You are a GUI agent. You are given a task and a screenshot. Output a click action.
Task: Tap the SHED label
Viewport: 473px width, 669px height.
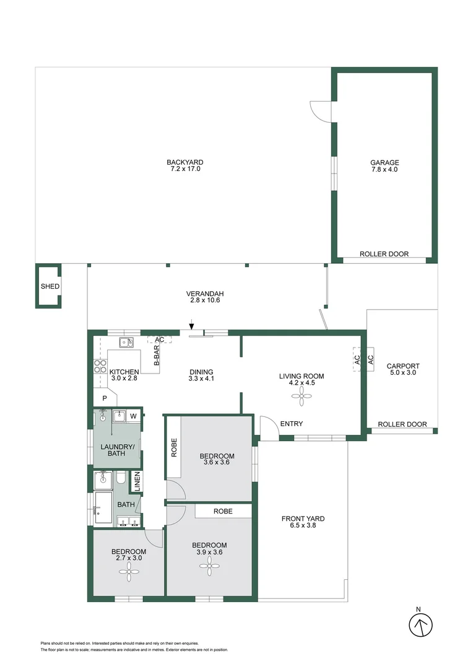50,287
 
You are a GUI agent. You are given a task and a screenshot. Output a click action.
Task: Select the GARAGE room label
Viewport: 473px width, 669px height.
385,162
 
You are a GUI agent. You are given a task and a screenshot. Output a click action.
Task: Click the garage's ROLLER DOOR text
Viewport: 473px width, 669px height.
384,254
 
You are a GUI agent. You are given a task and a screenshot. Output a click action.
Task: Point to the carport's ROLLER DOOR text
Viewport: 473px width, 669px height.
402,424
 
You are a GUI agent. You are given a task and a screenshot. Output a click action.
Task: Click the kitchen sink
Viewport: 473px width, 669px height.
127,341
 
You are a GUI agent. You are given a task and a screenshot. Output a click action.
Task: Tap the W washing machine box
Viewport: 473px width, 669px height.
133,416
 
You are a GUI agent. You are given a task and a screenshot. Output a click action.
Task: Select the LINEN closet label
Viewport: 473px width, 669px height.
137,483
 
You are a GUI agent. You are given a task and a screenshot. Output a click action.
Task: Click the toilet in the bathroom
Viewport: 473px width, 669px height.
122,478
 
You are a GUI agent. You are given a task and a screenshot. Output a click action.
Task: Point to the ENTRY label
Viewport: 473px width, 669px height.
292,424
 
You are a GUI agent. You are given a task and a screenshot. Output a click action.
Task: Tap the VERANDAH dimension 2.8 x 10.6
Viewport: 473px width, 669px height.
204,300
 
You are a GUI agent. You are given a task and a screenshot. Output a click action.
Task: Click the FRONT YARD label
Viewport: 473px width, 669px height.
303,519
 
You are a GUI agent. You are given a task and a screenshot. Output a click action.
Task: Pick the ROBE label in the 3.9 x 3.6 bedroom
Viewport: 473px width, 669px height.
223,512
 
